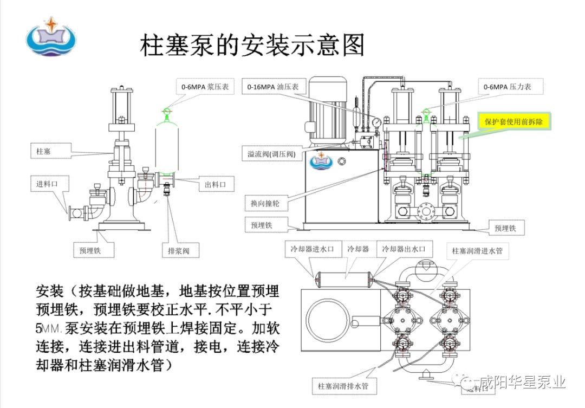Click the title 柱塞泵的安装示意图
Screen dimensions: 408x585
tap(252, 46)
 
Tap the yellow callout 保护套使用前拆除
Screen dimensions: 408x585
tap(514, 122)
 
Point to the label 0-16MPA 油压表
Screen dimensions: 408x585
tap(276, 87)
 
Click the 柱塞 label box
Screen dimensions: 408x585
tap(44, 150)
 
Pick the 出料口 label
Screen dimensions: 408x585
tap(215, 185)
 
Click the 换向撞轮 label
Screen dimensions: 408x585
tap(265, 203)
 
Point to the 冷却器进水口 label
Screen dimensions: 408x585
tap(314, 249)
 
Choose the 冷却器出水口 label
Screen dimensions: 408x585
tap(405, 249)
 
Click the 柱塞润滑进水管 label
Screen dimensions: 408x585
tap(480, 251)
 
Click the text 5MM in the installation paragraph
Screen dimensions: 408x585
tap(49, 328)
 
